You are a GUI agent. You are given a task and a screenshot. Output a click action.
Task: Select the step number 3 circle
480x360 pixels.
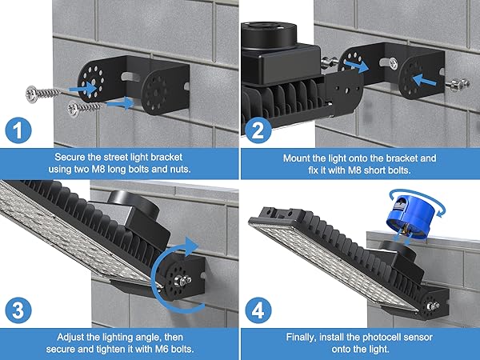click(x=17, y=309)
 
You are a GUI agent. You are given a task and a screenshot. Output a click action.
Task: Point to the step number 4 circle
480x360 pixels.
click(x=257, y=309)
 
